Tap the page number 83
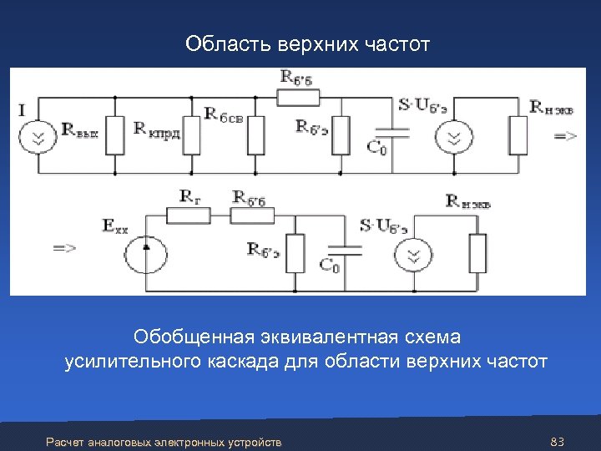(x=559, y=441)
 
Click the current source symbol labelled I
(x=37, y=137)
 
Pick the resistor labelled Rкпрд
(x=191, y=136)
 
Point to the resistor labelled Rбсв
(x=255, y=136)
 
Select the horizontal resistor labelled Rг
(x=188, y=216)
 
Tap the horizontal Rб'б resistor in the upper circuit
(x=298, y=97)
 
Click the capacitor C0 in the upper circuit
(x=393, y=131)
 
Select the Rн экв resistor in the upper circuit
(x=518, y=136)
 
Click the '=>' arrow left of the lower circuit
(x=64, y=248)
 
